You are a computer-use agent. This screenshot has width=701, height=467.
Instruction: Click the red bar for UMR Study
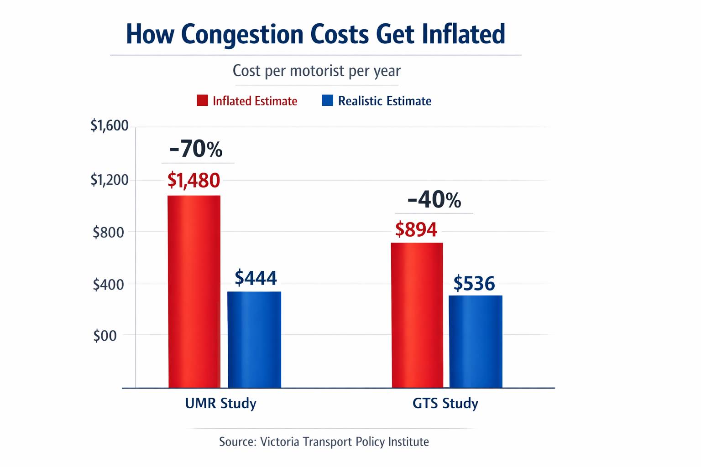tap(194, 291)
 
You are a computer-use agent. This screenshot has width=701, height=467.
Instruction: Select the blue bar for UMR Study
tap(254, 339)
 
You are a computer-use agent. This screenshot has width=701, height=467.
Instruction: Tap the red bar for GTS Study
tap(417, 315)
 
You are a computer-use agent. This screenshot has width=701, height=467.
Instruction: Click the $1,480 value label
tap(194, 181)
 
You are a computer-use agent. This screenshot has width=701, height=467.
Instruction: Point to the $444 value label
tap(256, 278)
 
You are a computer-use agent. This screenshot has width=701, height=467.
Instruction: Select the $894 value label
tap(416, 229)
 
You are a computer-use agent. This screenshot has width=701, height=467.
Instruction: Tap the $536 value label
tap(474, 284)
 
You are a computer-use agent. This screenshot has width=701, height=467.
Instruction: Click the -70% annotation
tap(196, 149)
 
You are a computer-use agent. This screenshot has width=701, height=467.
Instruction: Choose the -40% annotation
tap(434, 200)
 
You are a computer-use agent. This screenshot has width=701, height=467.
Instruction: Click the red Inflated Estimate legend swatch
tap(202, 100)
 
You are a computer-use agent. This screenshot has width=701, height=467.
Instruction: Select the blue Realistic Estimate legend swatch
tap(327, 100)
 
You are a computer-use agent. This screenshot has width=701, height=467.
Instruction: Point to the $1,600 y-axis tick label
tap(110, 125)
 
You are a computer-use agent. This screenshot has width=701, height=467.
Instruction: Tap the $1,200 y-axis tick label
tap(110, 180)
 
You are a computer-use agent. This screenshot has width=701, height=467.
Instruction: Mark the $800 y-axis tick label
tap(109, 233)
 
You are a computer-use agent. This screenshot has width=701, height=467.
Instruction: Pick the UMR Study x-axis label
tap(220, 404)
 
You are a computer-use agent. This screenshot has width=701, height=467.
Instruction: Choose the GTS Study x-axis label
tap(445, 404)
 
